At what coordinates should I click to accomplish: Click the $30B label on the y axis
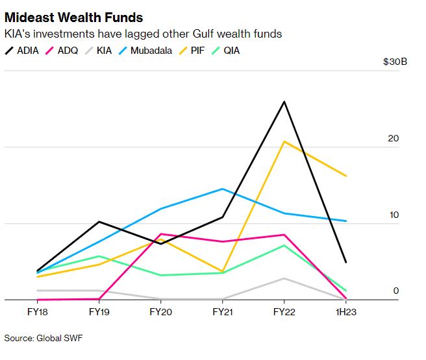coord(397,63)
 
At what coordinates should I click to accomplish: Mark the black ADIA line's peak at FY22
coord(284,102)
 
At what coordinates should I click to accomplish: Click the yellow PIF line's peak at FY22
coord(284,141)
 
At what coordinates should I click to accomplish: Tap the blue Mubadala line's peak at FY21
coord(222,189)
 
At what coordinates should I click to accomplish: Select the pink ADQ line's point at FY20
coord(160,234)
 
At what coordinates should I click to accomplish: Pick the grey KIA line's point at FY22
coord(284,278)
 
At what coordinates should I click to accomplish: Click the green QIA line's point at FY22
coord(284,245)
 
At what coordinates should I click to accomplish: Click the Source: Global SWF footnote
coord(44,338)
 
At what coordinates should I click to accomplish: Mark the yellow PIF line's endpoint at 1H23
coord(345,176)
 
